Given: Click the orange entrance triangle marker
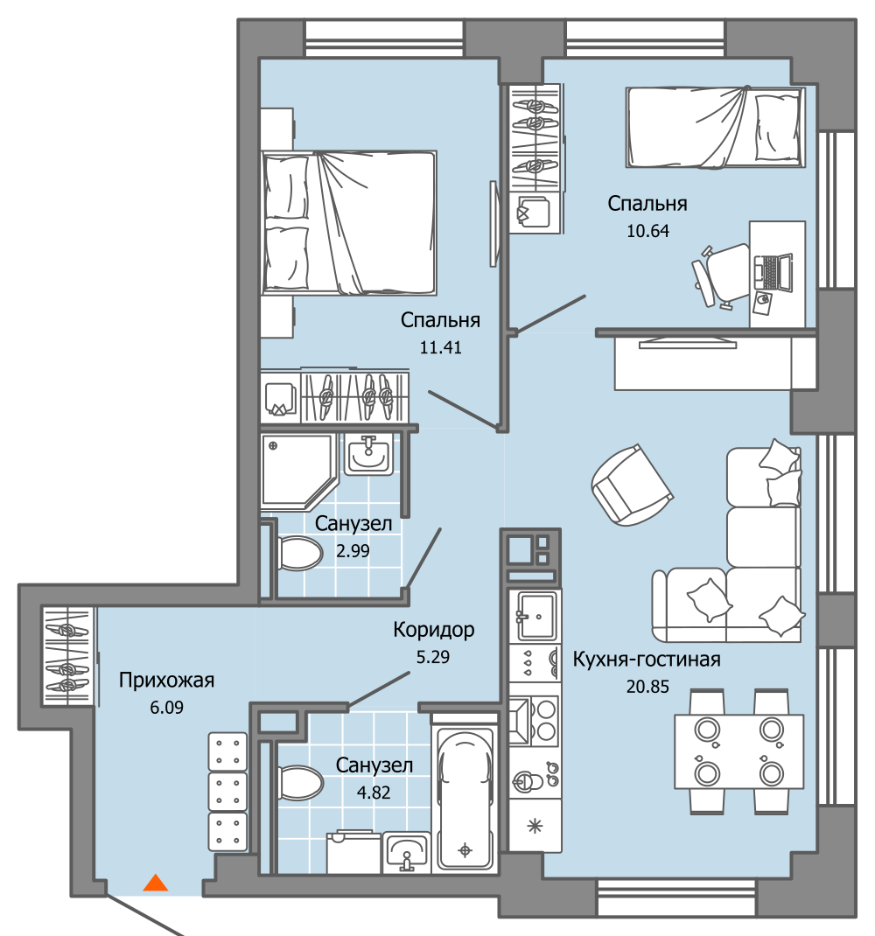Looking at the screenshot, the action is point(155,883).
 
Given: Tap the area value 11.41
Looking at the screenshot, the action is point(440,347).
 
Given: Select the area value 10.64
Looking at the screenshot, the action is point(647,231).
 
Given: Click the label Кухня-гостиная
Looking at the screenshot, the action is point(647,660).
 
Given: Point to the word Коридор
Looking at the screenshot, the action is point(434,630).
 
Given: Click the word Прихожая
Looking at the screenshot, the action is point(166,681).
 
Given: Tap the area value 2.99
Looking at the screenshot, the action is point(353,551).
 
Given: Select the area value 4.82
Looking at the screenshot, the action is point(374,793).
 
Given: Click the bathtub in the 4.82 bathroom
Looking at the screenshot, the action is point(465,798).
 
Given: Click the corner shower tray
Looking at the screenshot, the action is point(297,471).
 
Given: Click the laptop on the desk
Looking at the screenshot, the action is point(773,274).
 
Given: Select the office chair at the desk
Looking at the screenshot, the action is point(721,276).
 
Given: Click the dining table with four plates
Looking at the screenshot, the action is point(738,751).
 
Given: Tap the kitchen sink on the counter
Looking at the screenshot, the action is point(536,615).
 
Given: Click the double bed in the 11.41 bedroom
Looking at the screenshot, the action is point(349,223).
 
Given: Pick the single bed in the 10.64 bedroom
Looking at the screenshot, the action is point(715,128).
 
